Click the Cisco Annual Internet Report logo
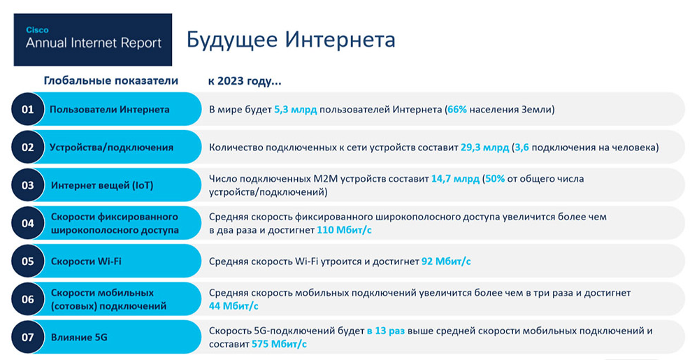tap(93, 39)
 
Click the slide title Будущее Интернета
tap(291, 39)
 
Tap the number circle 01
tap(28, 109)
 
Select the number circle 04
tap(28, 224)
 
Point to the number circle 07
tap(28, 337)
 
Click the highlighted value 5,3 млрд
tap(296, 110)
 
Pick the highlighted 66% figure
tap(458, 110)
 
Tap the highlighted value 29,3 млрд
tap(484, 147)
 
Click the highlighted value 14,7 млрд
tap(455, 179)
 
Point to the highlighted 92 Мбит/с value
tap(446, 261)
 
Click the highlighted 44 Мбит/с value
tap(233, 305)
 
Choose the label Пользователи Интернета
tap(109, 110)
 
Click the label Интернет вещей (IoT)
tap(102, 186)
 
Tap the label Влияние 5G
tap(79, 338)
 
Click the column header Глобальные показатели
tap(110, 80)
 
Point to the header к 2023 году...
tap(245, 81)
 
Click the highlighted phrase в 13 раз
tap(385, 331)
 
